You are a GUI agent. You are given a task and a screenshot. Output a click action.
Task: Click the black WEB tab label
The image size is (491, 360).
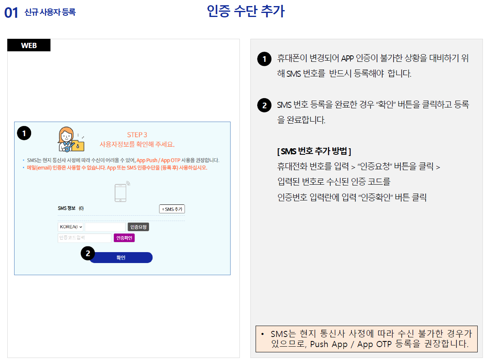29,45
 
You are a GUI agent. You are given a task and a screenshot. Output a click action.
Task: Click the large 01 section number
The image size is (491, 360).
11,13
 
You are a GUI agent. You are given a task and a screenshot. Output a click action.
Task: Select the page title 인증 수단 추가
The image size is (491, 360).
245,11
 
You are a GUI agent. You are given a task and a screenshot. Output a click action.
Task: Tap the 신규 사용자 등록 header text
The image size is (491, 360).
50,13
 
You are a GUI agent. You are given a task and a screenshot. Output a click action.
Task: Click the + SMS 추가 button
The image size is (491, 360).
172,209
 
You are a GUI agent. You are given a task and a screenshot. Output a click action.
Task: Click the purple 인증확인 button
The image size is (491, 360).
124,238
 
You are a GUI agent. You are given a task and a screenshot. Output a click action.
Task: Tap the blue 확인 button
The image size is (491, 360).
121,258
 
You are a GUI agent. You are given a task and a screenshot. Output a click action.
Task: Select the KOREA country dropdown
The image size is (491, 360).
71,227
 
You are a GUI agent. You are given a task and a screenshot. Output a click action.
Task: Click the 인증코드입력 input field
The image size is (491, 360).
84,238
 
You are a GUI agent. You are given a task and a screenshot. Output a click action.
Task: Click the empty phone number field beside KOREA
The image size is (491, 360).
105,227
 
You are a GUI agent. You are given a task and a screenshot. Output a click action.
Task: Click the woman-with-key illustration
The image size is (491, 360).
70,139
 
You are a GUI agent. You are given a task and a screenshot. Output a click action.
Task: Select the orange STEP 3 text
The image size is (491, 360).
137,135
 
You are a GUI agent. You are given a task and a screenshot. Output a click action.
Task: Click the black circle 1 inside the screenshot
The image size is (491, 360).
24,133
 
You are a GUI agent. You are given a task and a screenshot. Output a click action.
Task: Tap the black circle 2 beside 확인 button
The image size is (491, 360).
88,254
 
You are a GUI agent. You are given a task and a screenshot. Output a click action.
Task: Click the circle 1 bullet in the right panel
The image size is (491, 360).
264,59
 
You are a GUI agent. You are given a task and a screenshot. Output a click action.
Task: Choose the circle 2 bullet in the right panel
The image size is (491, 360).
264,106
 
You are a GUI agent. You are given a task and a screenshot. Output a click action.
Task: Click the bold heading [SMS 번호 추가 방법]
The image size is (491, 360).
314,152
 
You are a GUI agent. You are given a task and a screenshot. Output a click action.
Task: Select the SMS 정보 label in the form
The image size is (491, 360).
67,208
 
